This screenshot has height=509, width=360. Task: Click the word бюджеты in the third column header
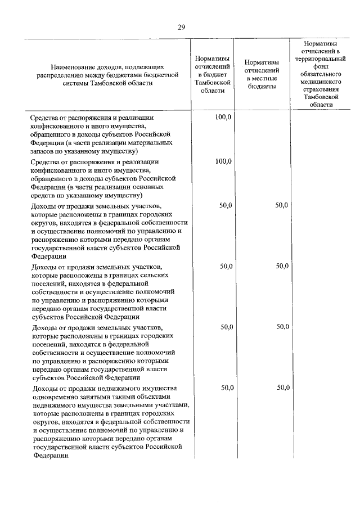(262, 87)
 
